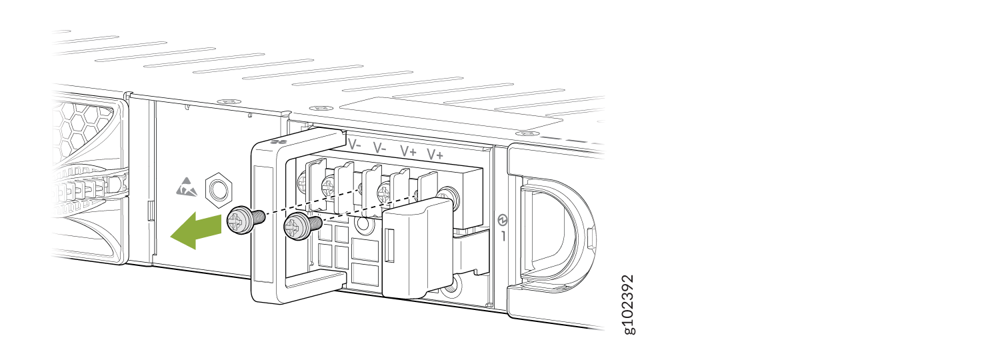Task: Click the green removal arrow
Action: coord(197,230)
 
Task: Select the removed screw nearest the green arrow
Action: coord(245,221)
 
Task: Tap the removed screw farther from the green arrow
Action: coord(302,226)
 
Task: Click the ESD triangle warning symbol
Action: coord(186,187)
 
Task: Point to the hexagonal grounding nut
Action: coord(218,190)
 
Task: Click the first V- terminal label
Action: coord(355,145)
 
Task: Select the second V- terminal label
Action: coord(379,148)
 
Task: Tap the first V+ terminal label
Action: coord(408,151)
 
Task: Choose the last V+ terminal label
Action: coord(435,155)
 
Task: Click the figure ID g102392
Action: coord(628,304)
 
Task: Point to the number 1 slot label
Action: coord(503,236)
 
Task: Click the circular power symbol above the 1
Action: coord(502,220)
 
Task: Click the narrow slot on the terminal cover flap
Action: coord(390,245)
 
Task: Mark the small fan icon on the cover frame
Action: coord(279,143)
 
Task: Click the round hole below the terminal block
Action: coord(364,224)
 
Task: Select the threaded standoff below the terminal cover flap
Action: coord(450,286)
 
